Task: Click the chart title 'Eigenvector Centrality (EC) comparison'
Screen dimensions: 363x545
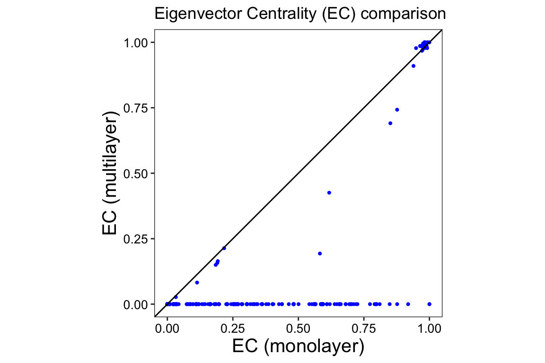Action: click(300, 15)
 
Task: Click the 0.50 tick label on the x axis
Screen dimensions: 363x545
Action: click(298, 328)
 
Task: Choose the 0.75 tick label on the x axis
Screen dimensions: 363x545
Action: click(364, 328)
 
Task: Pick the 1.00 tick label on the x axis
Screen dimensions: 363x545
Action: click(429, 328)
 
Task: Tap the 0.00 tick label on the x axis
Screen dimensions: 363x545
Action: click(167, 328)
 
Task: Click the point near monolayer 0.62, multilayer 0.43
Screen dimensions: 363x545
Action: click(329, 192)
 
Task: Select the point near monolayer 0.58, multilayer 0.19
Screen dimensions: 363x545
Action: click(320, 253)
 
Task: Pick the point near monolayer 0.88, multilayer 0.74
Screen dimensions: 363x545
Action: click(397, 110)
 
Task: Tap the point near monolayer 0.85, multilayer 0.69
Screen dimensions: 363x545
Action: click(390, 123)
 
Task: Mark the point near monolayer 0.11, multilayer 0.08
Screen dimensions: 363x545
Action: click(197, 283)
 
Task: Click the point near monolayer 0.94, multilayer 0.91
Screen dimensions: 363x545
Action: click(413, 66)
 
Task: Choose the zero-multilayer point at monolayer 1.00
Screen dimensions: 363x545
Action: click(429, 304)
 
